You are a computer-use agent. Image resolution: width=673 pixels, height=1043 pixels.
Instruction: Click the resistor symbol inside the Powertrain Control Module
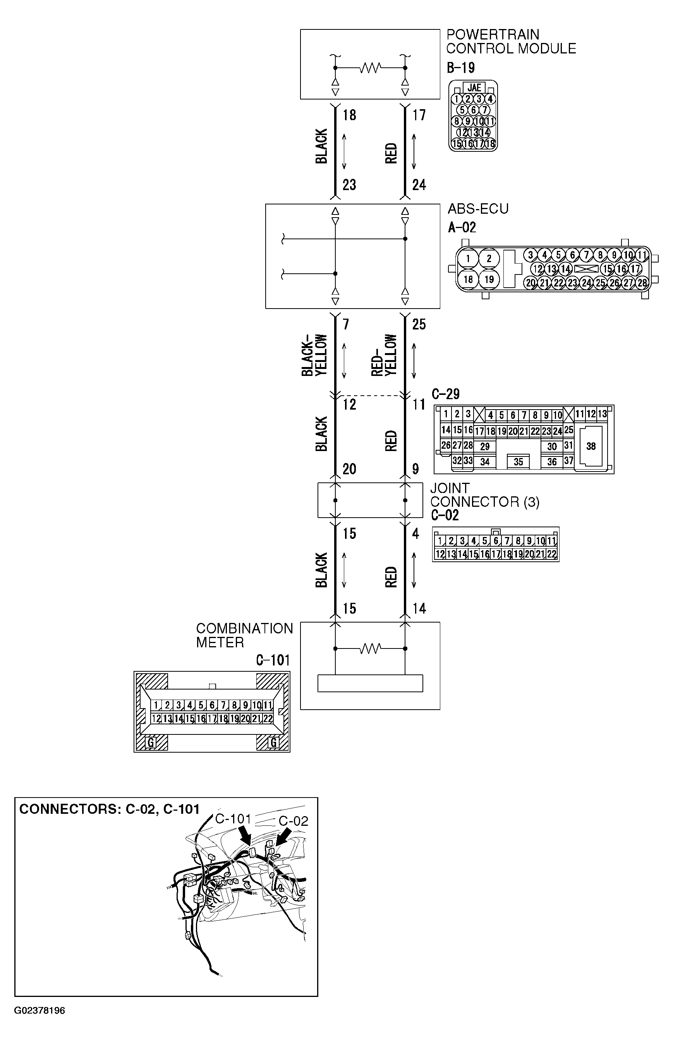370,68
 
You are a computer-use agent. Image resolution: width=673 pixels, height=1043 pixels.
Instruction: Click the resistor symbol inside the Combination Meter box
370,648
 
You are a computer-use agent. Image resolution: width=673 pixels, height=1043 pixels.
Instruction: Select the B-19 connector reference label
461,68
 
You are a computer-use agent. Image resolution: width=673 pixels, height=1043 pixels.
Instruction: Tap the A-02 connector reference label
462,227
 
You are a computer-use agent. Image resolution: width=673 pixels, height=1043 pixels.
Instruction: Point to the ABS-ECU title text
478,209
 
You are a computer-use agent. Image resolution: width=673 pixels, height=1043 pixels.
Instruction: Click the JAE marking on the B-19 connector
474,87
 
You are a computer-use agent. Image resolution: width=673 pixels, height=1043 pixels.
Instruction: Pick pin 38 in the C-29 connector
591,446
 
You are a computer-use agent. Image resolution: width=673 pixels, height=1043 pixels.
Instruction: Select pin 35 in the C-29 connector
518,461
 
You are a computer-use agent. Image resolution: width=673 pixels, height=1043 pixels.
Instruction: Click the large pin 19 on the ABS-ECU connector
489,279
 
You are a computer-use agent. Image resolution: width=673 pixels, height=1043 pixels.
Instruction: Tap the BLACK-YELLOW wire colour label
314,355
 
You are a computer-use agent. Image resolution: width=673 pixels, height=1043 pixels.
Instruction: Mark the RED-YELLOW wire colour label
384,355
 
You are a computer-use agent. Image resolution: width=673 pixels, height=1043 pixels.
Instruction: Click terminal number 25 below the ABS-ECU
419,324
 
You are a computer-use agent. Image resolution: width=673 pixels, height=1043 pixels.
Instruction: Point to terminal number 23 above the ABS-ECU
349,185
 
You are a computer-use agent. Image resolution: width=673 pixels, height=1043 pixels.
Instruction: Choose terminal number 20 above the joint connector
349,469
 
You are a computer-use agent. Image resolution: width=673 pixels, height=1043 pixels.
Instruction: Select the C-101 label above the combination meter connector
273,660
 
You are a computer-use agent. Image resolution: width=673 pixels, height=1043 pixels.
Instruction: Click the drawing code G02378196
39,1010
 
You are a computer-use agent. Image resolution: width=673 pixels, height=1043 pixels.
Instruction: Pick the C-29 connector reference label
445,394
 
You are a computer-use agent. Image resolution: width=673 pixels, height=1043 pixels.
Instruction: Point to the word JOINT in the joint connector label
450,488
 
